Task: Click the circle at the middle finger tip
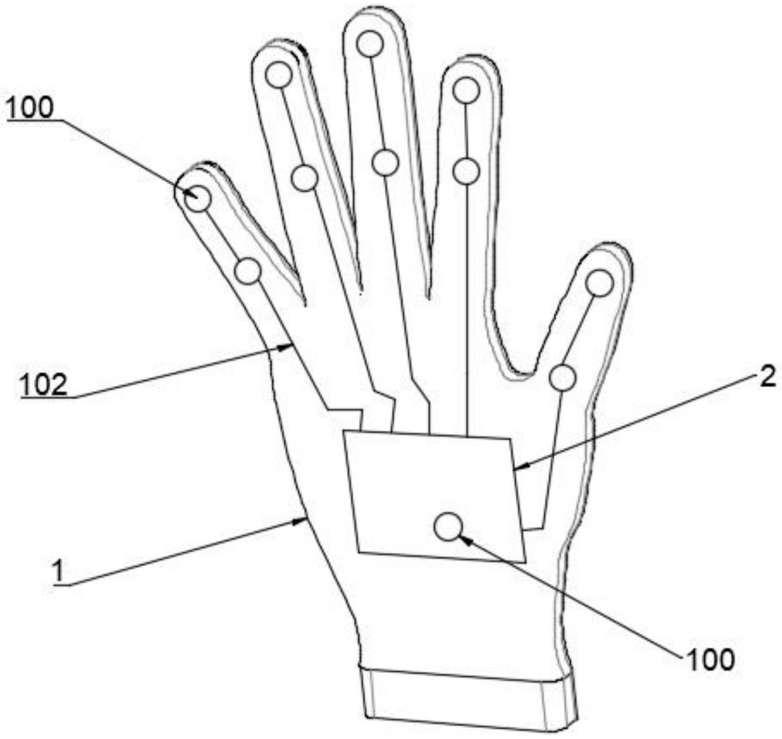click(x=370, y=44)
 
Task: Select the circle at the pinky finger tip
click(x=197, y=198)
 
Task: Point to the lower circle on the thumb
click(x=562, y=378)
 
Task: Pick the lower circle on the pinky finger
click(x=248, y=271)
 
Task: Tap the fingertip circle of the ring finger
click(x=279, y=75)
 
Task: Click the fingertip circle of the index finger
click(x=467, y=90)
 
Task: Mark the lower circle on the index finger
click(x=467, y=171)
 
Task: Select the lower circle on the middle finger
click(x=385, y=162)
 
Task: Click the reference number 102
click(x=44, y=384)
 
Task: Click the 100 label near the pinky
click(x=31, y=107)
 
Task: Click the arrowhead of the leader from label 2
click(x=518, y=468)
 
